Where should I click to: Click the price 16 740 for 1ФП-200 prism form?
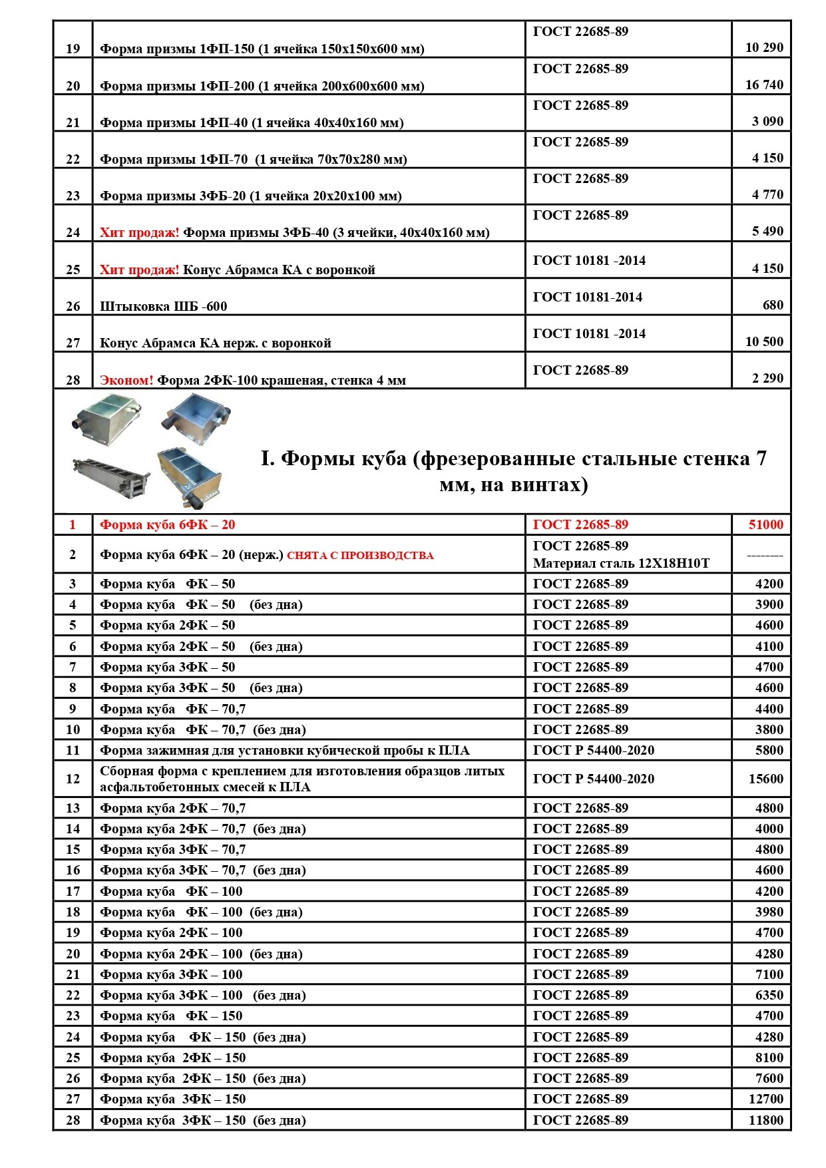pyautogui.click(x=764, y=85)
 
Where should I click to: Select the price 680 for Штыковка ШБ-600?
pyautogui.click(x=773, y=305)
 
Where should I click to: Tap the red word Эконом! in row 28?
pyautogui.click(x=126, y=380)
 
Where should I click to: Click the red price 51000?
pyautogui.click(x=765, y=524)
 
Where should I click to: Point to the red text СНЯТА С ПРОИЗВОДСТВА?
pyautogui.click(x=360, y=555)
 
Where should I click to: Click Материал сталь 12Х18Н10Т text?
pyautogui.click(x=621, y=564)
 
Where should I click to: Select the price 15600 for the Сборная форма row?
pyautogui.click(x=765, y=779)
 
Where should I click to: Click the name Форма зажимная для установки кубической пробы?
pyautogui.click(x=284, y=750)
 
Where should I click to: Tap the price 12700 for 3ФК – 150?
pyautogui.click(x=765, y=1099)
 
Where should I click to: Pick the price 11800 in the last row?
pyautogui.click(x=765, y=1120)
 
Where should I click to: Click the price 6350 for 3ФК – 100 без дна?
pyautogui.click(x=769, y=995)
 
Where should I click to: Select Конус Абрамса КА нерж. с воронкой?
pyautogui.click(x=215, y=343)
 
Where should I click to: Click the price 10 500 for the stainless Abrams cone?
pyautogui.click(x=764, y=341)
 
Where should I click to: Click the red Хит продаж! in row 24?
pyautogui.click(x=139, y=232)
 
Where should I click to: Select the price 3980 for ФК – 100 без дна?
pyautogui.click(x=769, y=912)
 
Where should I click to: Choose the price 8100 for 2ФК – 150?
pyautogui.click(x=769, y=1058)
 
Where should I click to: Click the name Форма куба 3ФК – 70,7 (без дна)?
pyautogui.click(x=202, y=870)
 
